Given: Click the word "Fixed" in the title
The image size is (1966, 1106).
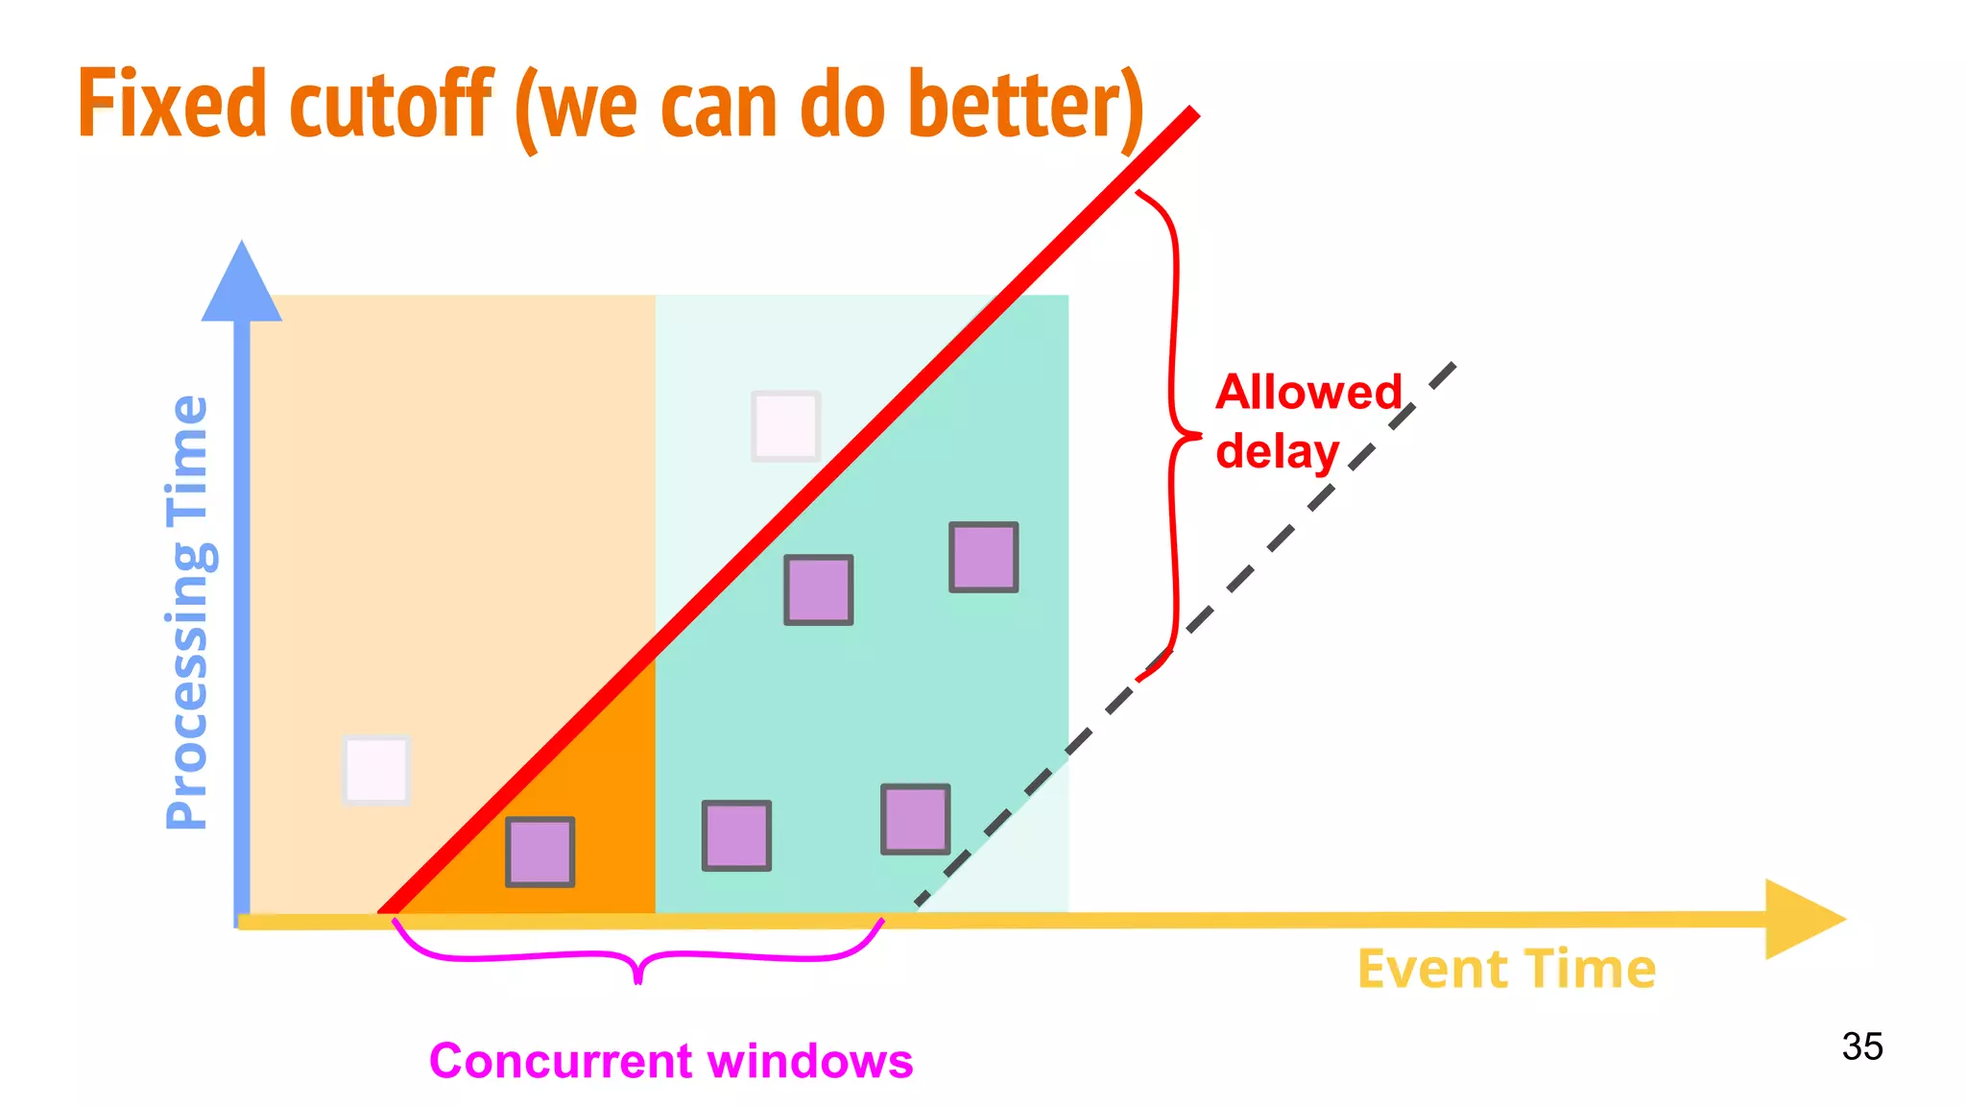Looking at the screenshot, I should coord(171,104).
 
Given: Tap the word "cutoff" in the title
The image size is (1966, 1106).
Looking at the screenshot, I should coord(391,104).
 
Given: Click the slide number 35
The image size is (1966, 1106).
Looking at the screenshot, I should coord(1861,1046).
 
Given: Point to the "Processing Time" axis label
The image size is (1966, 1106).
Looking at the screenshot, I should coord(187,612).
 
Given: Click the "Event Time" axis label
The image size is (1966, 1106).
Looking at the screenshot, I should coord(1506,969).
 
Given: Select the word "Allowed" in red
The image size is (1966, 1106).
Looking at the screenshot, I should coord(1309,392).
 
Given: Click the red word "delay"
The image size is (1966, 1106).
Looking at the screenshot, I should coord(1277,451).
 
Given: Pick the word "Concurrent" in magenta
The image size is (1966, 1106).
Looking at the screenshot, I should coord(561,1061).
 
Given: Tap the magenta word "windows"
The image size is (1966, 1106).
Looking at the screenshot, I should coord(810,1061).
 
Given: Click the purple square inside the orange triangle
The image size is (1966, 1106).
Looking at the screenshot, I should coord(540,852).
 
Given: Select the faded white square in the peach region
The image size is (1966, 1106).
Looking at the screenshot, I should coord(376,770).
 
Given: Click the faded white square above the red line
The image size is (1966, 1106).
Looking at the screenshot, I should coord(785,425).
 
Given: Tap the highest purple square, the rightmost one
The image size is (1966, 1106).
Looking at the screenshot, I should coord(983,557).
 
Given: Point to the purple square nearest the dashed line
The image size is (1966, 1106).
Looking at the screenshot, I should coord(916,819).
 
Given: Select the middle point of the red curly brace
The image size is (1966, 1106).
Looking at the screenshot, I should coord(1195,436).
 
